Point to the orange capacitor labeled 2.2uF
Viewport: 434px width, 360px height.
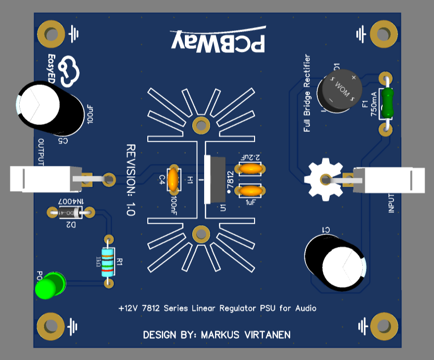pyautogui.click(x=251, y=169)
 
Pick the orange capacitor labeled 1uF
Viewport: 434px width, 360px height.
pyautogui.click(x=251, y=190)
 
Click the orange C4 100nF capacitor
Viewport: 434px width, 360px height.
pyautogui.click(x=174, y=179)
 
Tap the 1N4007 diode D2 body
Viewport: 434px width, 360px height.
pyautogui.click(x=71, y=213)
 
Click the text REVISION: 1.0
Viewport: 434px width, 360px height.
pyautogui.click(x=130, y=180)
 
